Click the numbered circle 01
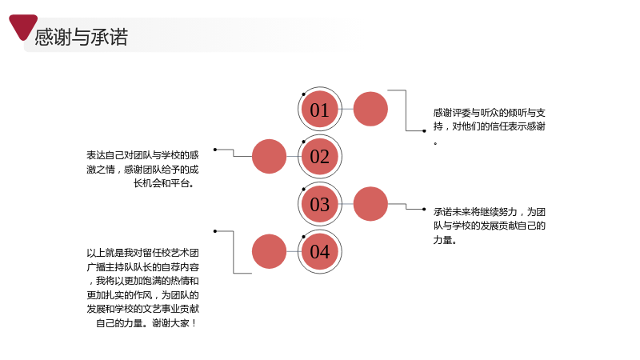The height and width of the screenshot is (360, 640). [319, 109]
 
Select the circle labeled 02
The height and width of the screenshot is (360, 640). [319, 156]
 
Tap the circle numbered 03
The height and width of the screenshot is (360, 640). [319, 204]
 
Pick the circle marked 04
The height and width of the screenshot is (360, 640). [319, 251]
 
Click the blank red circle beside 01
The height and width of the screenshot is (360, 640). [370, 109]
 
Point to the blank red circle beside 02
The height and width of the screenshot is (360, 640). [269, 156]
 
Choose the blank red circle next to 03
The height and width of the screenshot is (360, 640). [370, 204]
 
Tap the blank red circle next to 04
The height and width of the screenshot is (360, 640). [269, 251]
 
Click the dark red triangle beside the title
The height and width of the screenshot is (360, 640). [23, 26]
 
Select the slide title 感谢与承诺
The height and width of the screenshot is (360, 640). [82, 37]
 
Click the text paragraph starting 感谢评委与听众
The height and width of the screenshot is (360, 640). [489, 126]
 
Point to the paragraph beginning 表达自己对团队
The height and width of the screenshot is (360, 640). [142, 169]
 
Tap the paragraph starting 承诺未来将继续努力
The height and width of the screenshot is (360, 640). [489, 226]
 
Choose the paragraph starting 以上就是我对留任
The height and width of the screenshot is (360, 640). [142, 288]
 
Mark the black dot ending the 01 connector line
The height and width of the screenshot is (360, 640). [424, 131]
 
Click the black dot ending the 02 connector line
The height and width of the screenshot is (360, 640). [215, 150]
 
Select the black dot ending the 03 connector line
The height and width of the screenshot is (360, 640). [424, 210]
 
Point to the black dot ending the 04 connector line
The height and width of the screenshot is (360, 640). [215, 231]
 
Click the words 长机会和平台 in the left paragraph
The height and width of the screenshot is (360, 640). [162, 183]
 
